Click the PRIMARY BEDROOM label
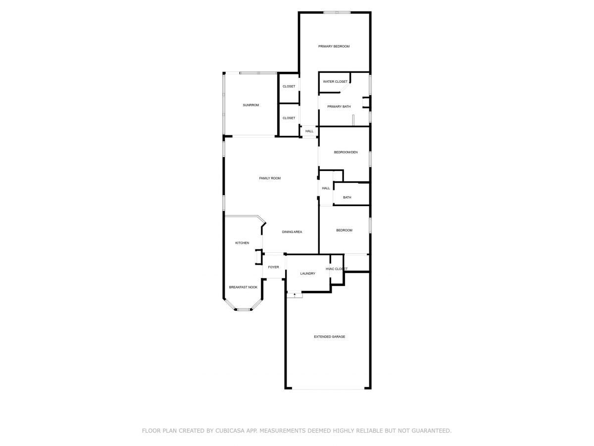334,46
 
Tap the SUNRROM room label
251,105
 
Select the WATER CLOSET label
335,81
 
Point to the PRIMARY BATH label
339,107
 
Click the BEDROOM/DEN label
346,152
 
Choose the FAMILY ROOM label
270,178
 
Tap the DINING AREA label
292,232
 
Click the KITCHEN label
242,243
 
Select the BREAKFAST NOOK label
243,287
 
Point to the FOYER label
273,267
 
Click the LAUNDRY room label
308,274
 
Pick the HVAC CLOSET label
337,269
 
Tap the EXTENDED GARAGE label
329,336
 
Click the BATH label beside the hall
347,197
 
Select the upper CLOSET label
289,86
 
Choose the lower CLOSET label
289,118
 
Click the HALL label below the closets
309,131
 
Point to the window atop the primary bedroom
337,12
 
